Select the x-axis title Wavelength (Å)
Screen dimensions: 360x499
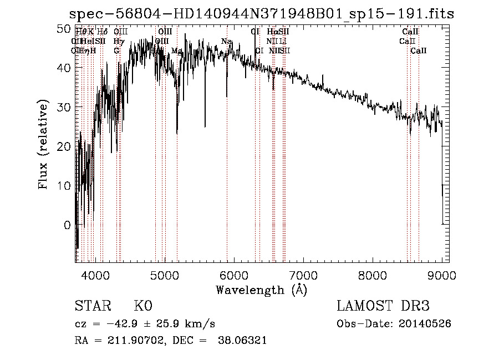pyautogui.click(x=261, y=290)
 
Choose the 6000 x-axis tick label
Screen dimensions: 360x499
pyautogui.click(x=234, y=275)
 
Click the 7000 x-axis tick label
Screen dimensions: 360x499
pyautogui.click(x=303, y=275)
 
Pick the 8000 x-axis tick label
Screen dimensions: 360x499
pyautogui.click(x=373, y=275)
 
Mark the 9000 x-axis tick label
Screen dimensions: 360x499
pyautogui.click(x=442, y=275)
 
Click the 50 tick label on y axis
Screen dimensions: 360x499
pyautogui.click(x=64, y=28)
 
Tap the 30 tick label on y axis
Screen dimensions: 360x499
pyautogui.click(x=64, y=107)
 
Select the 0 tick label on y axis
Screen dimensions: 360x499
pyautogui.click(x=68, y=225)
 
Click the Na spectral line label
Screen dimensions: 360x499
pyautogui.click(x=226, y=42)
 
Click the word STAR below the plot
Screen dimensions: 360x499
pyautogui.click(x=92, y=306)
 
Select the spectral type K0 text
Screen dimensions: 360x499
pyautogui.click(x=143, y=306)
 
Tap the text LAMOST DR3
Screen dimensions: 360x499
pyautogui.click(x=383, y=306)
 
